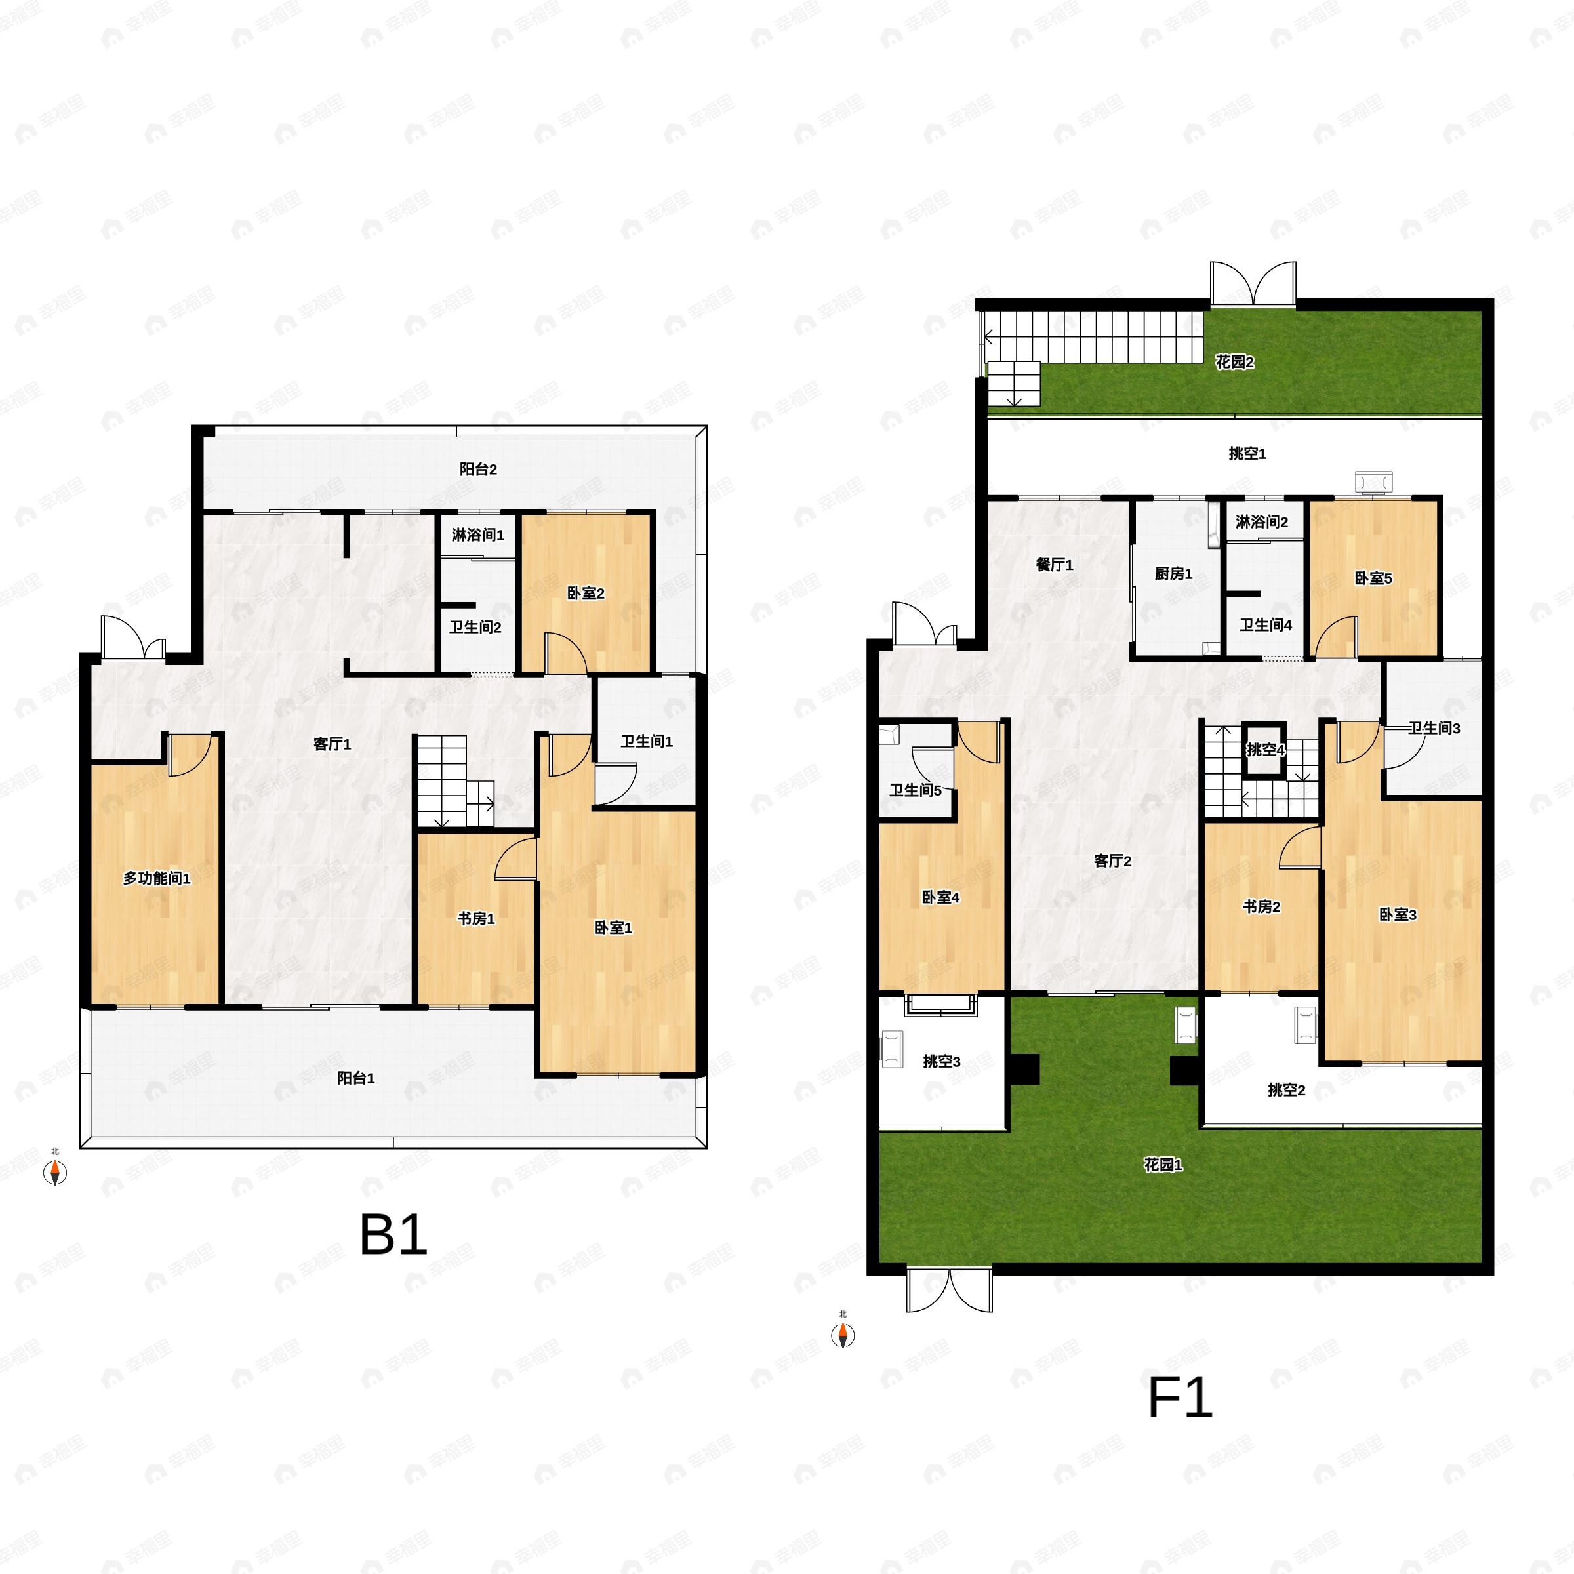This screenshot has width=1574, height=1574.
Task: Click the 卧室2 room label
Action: (x=586, y=593)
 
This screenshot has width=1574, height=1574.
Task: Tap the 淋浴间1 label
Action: (x=477, y=535)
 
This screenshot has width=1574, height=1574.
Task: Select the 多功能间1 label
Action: (x=157, y=878)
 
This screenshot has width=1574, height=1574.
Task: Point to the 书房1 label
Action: (x=475, y=918)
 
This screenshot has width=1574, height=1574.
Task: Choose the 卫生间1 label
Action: (x=646, y=741)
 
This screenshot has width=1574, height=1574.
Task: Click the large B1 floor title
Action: (x=393, y=1234)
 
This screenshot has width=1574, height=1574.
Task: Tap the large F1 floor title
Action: (x=1180, y=1398)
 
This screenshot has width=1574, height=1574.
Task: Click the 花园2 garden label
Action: (x=1234, y=362)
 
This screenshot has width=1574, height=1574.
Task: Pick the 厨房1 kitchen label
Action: (x=1173, y=574)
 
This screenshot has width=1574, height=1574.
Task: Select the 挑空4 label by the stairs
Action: (x=1265, y=750)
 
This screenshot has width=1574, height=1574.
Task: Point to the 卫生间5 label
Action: (x=915, y=790)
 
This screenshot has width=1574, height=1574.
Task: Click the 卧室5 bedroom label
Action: (x=1373, y=578)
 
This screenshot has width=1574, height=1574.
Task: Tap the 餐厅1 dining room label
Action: (x=1054, y=565)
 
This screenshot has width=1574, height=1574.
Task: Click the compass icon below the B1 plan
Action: (x=54, y=1173)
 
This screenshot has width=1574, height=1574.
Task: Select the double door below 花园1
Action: (x=949, y=1291)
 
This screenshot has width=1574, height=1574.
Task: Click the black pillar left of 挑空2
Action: (x=1184, y=1070)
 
